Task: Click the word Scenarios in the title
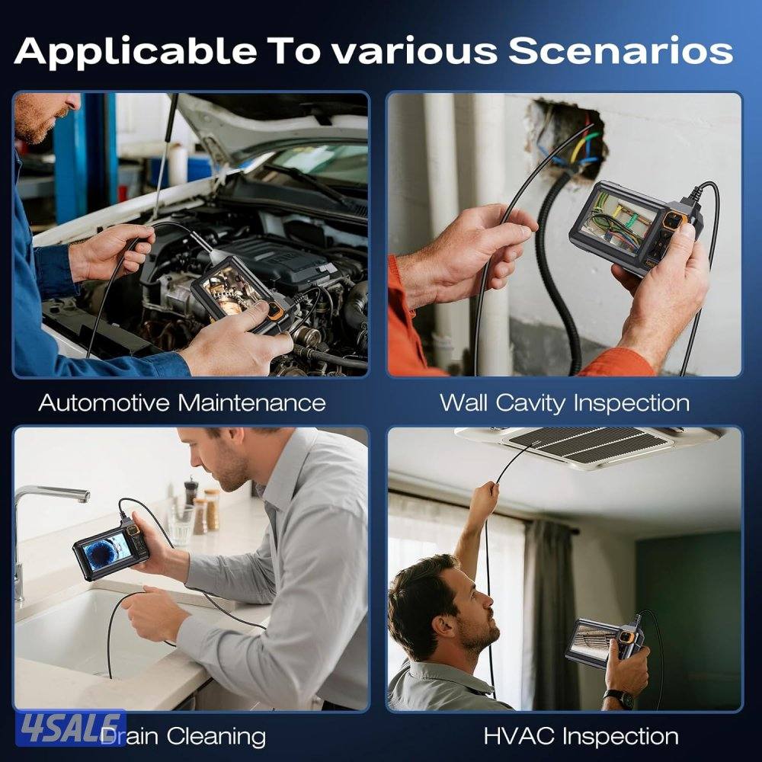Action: [620, 50]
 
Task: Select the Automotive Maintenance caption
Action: [182, 403]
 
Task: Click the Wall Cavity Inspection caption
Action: [565, 403]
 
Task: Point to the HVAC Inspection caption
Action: [581, 736]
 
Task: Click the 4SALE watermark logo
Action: [71, 728]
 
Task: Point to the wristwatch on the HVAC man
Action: [620, 698]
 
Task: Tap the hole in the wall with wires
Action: [568, 139]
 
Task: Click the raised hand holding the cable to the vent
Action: [484, 501]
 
